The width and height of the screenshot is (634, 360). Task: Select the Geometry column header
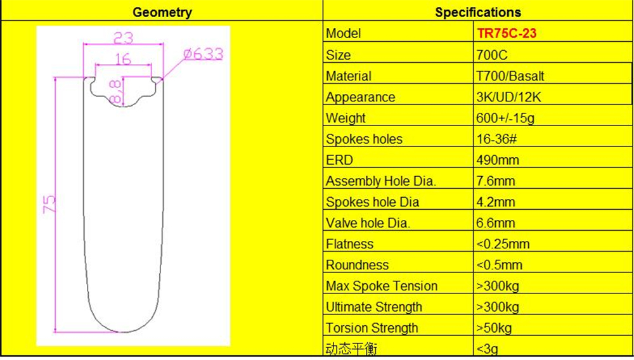pos(162,12)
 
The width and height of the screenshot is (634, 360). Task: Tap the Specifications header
pos(478,12)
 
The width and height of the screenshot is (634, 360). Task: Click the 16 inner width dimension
pos(123,59)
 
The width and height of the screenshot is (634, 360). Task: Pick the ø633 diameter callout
pos(203,55)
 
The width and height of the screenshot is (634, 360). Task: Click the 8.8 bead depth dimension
pos(115,91)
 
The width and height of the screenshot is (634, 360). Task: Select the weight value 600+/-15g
pos(506,118)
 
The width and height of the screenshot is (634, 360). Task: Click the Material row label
pos(348,76)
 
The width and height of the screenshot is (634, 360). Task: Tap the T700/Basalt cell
pos(510,76)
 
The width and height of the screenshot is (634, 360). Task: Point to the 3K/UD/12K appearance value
pos(508,97)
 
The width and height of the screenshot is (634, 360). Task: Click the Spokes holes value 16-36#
pos(498,139)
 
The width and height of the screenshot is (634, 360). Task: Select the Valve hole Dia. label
pos(368,223)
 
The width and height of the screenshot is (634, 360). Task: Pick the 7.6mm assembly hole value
pos(495,181)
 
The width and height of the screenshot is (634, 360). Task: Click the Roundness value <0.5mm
pos(499,265)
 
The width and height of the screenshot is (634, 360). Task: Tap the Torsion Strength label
pos(372,328)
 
